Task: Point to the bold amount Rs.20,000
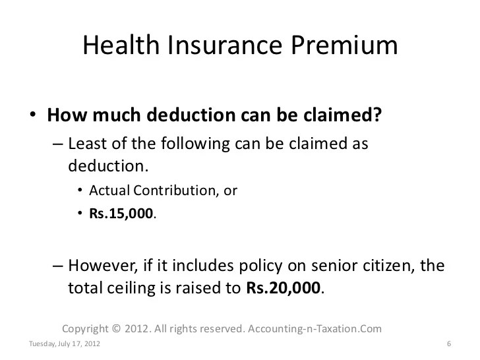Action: [x=285, y=288]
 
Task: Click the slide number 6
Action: [x=448, y=344]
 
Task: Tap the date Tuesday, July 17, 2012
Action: [x=66, y=344]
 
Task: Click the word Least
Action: [x=86, y=143]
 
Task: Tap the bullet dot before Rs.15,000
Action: [x=81, y=213]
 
